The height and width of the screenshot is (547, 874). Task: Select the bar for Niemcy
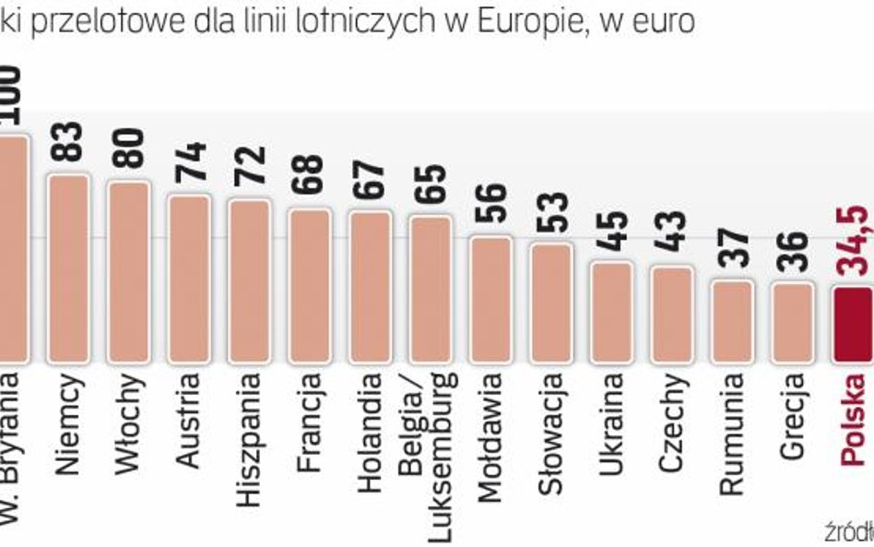(68, 268)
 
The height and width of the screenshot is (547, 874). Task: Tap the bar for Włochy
(128, 271)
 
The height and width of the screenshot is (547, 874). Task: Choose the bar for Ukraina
(611, 312)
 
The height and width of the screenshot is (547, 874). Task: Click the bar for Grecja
(792, 322)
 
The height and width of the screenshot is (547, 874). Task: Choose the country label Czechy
(672, 421)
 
